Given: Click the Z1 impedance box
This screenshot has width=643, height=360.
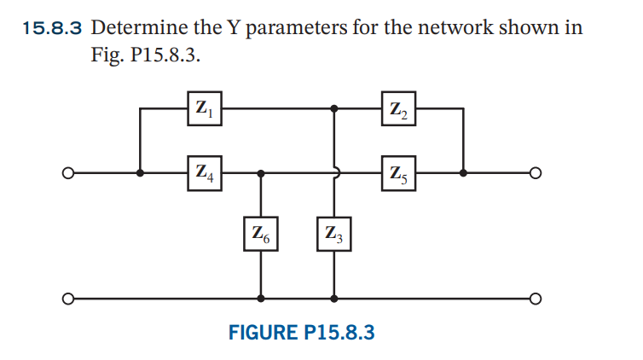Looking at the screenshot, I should coord(204,108).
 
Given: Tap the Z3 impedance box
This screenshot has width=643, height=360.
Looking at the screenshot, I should coord(333,232).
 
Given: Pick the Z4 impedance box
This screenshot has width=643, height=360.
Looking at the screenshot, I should coord(204,172).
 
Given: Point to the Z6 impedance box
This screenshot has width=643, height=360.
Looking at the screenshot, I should coord(260,232).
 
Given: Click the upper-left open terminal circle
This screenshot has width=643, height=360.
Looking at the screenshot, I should coord(66,172).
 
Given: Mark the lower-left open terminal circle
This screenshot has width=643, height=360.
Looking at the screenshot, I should coord(66,299).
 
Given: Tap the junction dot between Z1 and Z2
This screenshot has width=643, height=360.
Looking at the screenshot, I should coord(333,108).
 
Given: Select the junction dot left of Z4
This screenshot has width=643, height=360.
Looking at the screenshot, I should coord(140,172).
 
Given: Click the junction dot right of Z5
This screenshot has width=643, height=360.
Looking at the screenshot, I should coord(463,172).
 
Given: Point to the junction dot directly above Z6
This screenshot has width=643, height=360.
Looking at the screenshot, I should coord(260,172).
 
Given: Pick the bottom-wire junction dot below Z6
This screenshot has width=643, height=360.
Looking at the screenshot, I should coord(260,299).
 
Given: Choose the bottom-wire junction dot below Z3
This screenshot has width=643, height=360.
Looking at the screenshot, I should coord(333,299).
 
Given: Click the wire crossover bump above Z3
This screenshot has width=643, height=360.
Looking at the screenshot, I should coord(335,172).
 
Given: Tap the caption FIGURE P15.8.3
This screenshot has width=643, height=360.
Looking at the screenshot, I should coord(301,333).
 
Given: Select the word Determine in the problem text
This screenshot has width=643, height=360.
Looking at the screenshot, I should coord(136,27).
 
